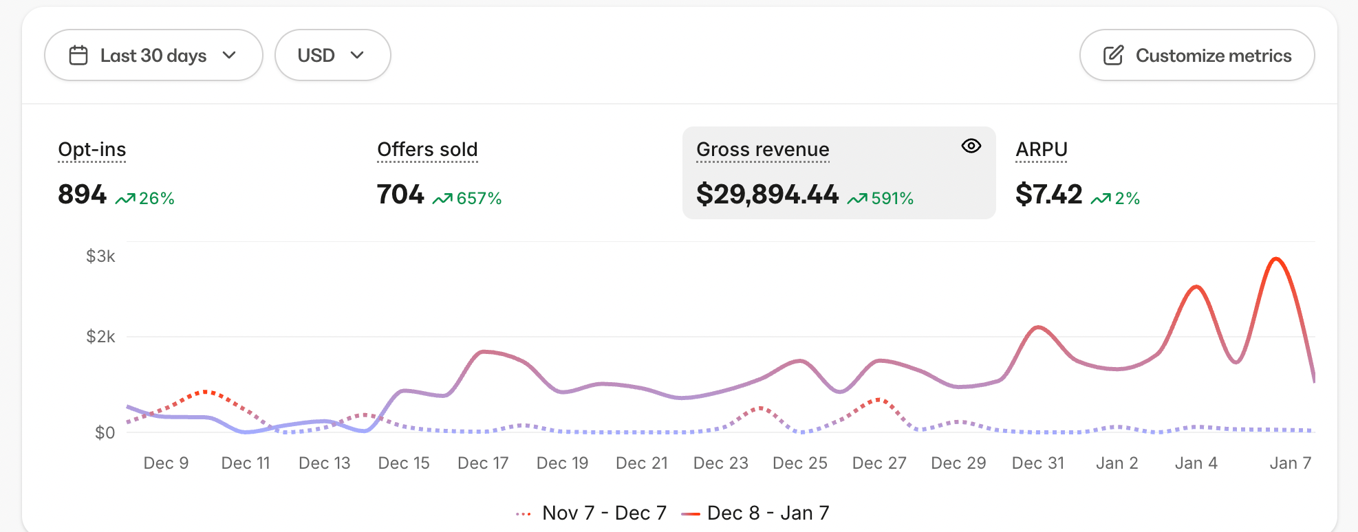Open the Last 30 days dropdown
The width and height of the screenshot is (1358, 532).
153,55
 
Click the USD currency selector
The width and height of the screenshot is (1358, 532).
332,55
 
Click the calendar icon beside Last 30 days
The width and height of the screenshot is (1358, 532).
78,55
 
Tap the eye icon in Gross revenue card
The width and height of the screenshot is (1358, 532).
971,146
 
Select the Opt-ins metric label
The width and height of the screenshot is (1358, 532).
92,149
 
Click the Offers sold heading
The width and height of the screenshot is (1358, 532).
427,149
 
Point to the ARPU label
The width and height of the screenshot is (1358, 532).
1042,149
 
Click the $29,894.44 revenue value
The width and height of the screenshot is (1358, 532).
767,195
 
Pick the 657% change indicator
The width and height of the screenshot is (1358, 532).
468,199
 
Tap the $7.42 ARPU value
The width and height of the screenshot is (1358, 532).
1048,195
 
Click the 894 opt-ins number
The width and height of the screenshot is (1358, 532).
82,195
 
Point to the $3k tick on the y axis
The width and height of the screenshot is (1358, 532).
100,256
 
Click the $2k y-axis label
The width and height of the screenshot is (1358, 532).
100,337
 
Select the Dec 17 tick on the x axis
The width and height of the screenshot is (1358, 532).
483,463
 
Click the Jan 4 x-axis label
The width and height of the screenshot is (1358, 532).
1196,463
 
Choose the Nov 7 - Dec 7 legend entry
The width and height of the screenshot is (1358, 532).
592,513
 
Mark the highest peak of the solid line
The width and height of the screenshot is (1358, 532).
1276,258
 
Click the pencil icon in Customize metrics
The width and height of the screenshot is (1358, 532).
1113,55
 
